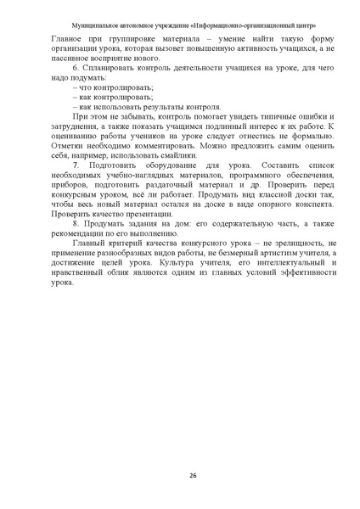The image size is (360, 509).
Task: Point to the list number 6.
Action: tap(76, 65)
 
